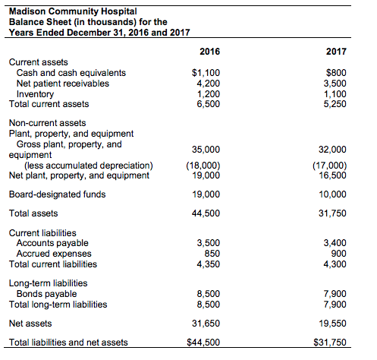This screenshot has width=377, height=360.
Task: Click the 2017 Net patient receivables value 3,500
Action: (334, 83)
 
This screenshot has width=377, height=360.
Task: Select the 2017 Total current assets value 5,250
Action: (334, 103)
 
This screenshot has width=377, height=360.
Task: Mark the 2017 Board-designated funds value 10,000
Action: (332, 194)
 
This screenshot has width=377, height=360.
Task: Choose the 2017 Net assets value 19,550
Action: (332, 323)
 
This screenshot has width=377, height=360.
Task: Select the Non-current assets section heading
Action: (47, 122)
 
